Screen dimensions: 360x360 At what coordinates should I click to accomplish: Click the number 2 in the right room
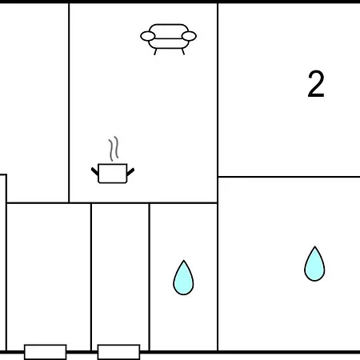[x=316, y=84]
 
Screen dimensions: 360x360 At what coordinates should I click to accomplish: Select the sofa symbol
[x=168, y=39]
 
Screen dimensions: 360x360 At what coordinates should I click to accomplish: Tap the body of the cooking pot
[x=113, y=174]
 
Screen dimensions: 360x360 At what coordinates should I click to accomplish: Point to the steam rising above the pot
[x=114, y=149]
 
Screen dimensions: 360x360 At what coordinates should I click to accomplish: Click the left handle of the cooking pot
[x=94, y=171]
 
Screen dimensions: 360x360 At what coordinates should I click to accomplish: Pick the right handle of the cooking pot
[x=130, y=172]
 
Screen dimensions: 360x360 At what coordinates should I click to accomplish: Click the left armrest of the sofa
[x=147, y=36]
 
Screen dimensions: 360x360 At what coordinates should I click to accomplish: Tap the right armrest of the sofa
[x=189, y=36]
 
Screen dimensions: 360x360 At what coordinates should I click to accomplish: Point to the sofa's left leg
[x=155, y=52]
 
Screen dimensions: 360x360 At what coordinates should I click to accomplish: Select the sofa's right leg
[x=183, y=52]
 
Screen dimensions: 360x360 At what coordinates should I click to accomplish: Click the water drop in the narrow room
[x=183, y=278]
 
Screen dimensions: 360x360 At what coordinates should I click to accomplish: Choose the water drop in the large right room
[x=314, y=264]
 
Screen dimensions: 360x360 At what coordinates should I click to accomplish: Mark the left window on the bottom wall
[x=46, y=352]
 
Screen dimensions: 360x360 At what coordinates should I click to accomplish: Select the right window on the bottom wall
[x=118, y=352]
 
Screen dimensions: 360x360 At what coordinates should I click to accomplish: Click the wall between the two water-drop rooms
[x=218, y=277]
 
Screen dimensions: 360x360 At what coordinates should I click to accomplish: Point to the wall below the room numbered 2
[x=289, y=177]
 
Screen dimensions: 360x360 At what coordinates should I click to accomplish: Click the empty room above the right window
[x=120, y=274]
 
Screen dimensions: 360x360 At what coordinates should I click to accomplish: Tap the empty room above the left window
[x=49, y=274]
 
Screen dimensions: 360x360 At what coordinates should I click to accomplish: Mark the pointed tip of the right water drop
[x=315, y=246]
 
